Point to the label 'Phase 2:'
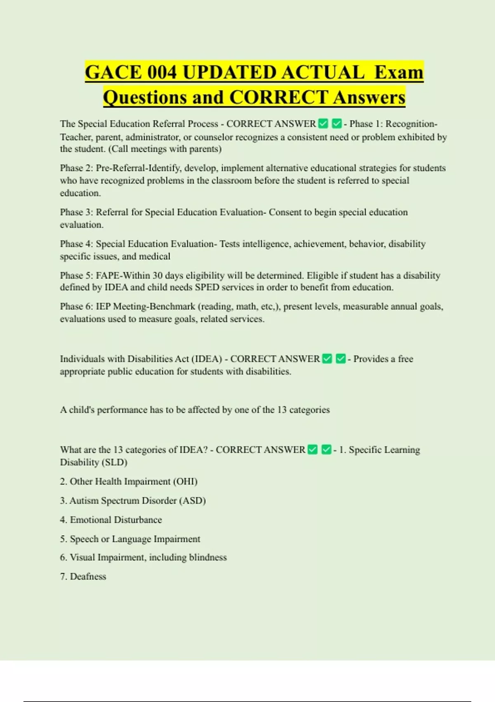pyautogui.click(x=77, y=168)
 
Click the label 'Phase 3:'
pyautogui.click(x=77, y=212)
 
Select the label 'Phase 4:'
pyautogui.click(x=77, y=244)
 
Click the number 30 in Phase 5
pyautogui.click(x=158, y=275)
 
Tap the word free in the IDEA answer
pyautogui.click(x=405, y=359)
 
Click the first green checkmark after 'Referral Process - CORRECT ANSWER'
pyautogui.click(x=323, y=123)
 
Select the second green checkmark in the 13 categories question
pyautogui.click(x=326, y=449)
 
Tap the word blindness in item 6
pyautogui.click(x=207, y=557)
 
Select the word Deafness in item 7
pyautogui.click(x=88, y=576)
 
